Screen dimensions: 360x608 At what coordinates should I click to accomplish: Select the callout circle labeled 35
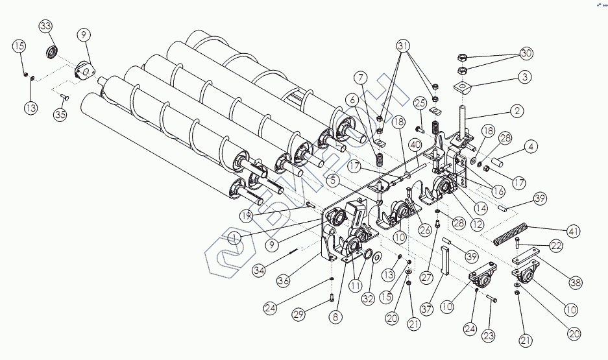(60, 115)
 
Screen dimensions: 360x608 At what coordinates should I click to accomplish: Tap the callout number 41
(574, 231)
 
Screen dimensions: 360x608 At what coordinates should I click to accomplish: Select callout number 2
(516, 111)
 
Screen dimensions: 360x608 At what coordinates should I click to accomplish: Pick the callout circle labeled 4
(531, 147)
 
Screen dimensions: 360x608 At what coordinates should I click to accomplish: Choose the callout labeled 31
(404, 47)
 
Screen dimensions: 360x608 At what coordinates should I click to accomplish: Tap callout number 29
(298, 315)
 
